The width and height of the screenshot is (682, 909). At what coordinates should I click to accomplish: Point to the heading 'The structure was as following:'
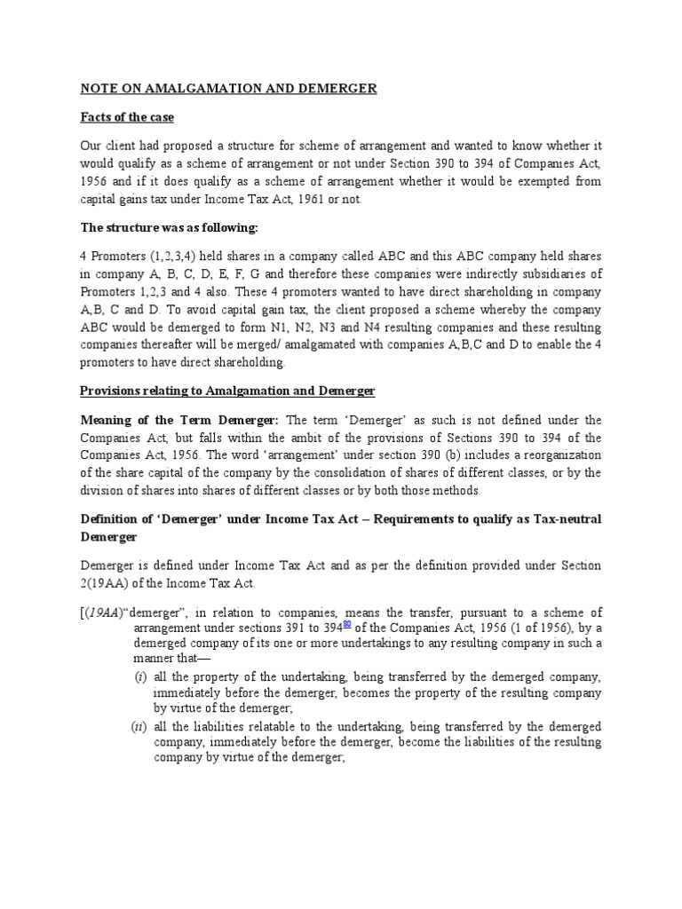pyautogui.click(x=169, y=228)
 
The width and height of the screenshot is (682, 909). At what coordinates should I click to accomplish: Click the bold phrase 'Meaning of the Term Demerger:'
pyautogui.click(x=179, y=419)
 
